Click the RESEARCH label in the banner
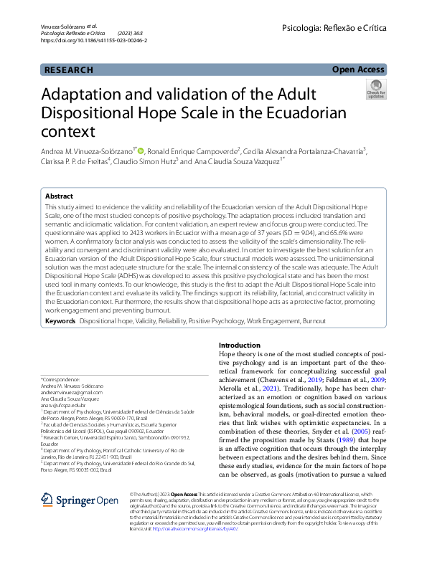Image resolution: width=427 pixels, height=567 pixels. click(69, 70)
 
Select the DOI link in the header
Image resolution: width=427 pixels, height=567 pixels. click(83, 41)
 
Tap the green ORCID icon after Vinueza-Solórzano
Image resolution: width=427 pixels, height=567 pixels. click(140, 151)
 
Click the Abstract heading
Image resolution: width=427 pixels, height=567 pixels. click(59, 196)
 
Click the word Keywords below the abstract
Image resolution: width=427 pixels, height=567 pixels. click(60, 322)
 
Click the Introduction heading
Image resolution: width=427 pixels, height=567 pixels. click(239, 345)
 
